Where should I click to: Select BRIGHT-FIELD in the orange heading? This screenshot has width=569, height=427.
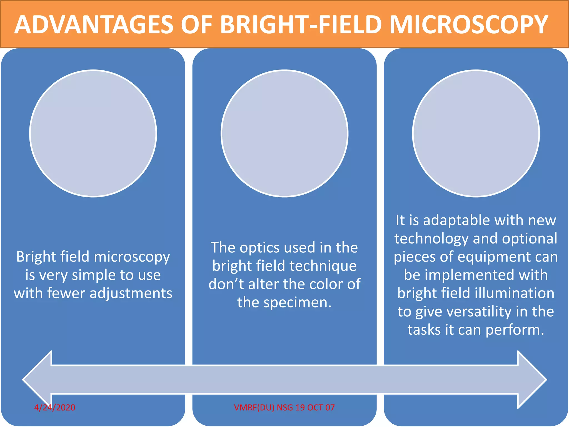pos(301,25)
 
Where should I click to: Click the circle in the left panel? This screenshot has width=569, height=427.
pos(93,133)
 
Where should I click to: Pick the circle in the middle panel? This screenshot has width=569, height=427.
pos(284,133)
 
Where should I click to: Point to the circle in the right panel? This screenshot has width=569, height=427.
pos(476,133)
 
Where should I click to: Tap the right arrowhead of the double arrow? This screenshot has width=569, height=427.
pos(532,379)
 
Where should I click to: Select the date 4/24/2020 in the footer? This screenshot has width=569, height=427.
pos(55,408)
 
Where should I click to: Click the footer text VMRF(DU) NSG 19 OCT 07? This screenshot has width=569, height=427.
pos(284,408)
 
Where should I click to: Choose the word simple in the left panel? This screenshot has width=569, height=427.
pos(92,275)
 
